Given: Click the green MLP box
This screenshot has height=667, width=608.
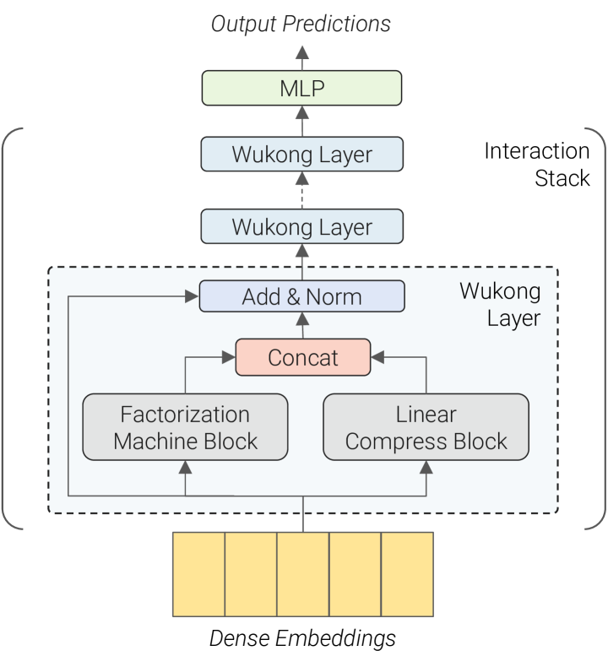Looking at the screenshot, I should coord(302,88).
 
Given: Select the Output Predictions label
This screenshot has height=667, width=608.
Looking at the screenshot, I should coord(301,24).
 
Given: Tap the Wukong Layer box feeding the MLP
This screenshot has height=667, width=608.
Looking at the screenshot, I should coord(302,155).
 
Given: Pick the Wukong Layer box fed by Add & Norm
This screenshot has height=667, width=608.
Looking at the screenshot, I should coord(302,227).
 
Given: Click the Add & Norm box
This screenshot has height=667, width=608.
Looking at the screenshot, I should coord(302,296).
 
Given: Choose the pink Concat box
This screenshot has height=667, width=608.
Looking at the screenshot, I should coord(302,357).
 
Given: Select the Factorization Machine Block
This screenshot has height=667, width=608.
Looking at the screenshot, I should coord(185,427).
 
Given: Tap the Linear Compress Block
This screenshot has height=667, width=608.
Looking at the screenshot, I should coord(426,427).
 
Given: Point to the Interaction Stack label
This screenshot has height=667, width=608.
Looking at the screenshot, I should coord(536,165).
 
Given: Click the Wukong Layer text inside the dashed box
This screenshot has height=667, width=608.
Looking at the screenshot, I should coord(500,305).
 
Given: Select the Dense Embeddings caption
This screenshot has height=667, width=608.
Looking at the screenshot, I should coord(302,637).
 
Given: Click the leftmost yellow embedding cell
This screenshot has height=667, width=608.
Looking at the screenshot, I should coord(198,574).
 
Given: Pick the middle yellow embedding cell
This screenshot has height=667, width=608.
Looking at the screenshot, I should coord(302,574).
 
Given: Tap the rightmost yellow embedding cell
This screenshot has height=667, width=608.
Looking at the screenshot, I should coord(407,574).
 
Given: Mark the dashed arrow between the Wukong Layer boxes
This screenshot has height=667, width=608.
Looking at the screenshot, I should coord(302,192).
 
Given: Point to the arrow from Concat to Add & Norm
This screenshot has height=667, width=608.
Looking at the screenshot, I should coord(302,326).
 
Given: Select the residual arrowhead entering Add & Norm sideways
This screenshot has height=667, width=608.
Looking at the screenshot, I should coord(192,297).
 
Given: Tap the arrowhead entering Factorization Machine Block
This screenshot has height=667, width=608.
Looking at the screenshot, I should coord(185,467).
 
